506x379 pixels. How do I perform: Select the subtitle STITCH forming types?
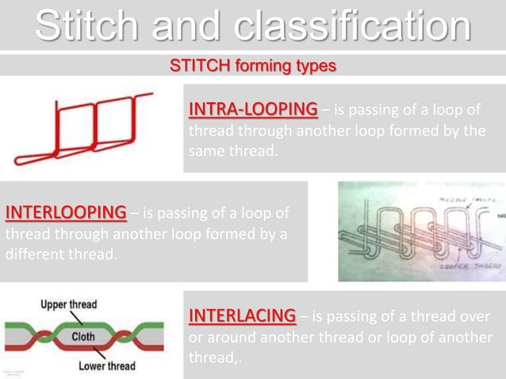253,65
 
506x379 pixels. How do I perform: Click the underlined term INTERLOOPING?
65,213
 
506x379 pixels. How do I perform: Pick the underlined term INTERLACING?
241,316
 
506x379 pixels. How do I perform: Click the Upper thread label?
69,304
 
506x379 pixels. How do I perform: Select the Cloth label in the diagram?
83,336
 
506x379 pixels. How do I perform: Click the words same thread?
232,151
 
